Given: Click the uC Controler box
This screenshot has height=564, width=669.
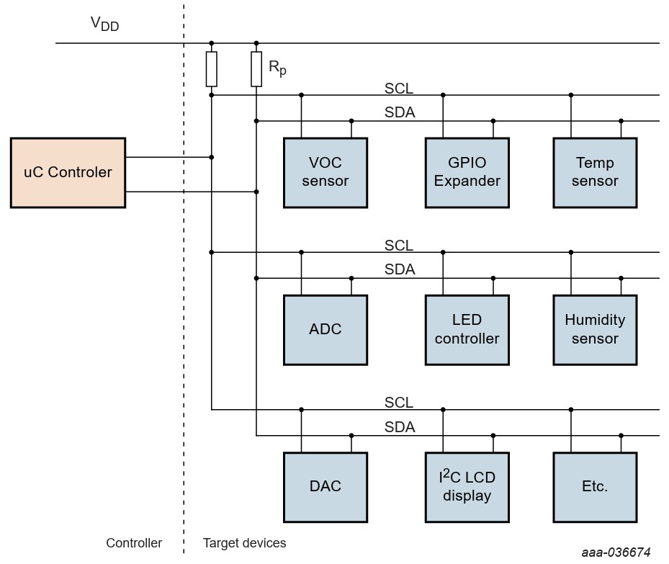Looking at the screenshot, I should pyautogui.click(x=68, y=173).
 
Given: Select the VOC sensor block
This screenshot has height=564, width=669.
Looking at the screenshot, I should pyautogui.click(x=325, y=173).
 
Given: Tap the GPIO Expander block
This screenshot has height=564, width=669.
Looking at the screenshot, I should pyautogui.click(x=467, y=173).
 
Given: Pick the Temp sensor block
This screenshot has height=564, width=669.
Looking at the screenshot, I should pyautogui.click(x=595, y=173).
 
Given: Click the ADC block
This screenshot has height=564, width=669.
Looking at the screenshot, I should pyautogui.click(x=325, y=330).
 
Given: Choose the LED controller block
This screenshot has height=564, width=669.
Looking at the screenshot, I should pyautogui.click(x=467, y=330).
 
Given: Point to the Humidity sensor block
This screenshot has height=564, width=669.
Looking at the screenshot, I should pyautogui.click(x=595, y=330).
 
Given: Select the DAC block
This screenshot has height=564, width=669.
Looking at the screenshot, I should pyautogui.click(x=325, y=487).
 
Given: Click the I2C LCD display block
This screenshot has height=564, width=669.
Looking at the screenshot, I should pyautogui.click(x=467, y=487).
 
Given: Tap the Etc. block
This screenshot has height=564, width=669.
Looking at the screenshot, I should pyautogui.click(x=595, y=487).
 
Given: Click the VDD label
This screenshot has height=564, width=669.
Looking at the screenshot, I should pyautogui.click(x=104, y=24).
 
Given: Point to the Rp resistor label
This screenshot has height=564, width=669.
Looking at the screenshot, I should pyautogui.click(x=277, y=68).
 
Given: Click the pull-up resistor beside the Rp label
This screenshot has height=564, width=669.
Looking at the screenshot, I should pyautogui.click(x=256, y=69).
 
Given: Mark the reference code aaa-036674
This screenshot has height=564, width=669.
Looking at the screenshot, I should pyautogui.click(x=616, y=552).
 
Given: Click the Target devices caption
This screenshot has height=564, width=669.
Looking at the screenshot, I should pyautogui.click(x=244, y=543).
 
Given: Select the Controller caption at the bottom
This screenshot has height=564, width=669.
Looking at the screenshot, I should pyautogui.click(x=134, y=543).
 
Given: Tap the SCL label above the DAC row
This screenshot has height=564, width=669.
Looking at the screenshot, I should pyautogui.click(x=399, y=402).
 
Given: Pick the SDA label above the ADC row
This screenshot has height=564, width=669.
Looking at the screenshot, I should pyautogui.click(x=400, y=270).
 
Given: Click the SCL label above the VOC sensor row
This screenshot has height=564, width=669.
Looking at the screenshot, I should pyautogui.click(x=399, y=88).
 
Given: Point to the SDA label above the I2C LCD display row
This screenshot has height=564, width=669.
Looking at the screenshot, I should pyautogui.click(x=400, y=427).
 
